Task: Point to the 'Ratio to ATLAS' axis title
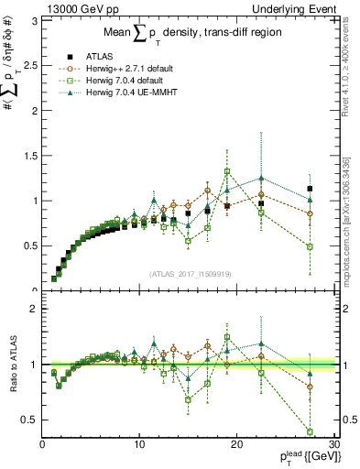11,364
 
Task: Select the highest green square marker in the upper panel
227,171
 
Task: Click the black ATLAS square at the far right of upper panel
310,189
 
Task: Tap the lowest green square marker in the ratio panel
310,431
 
